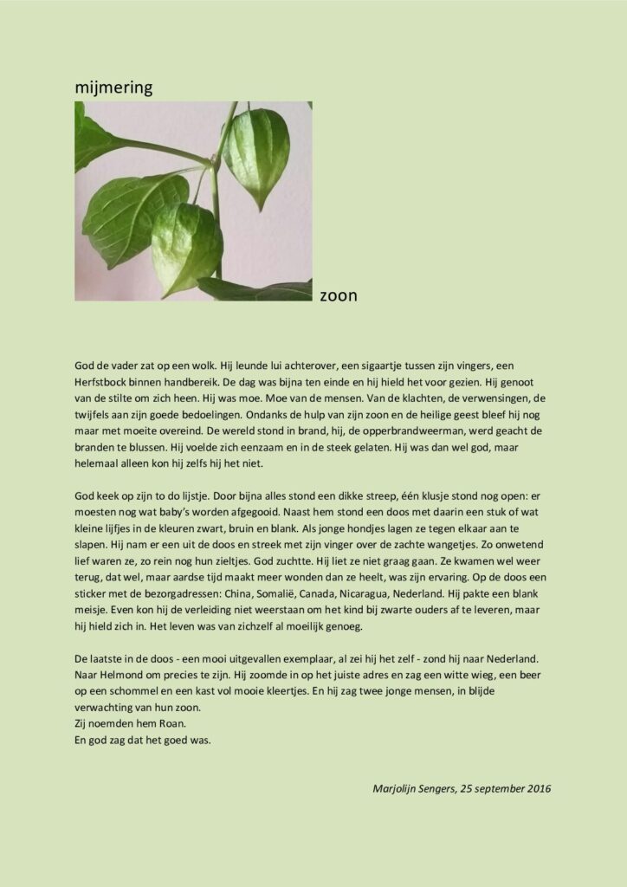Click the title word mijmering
(x=113, y=87)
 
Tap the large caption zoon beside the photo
(x=339, y=295)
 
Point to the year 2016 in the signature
(x=536, y=788)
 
